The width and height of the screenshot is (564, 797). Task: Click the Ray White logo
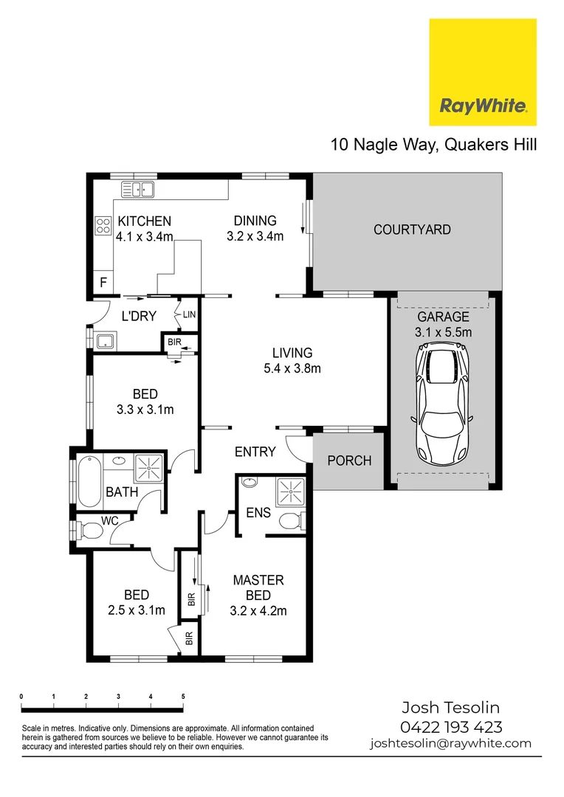[483, 72]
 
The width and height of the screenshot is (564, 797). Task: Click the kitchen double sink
[137, 189]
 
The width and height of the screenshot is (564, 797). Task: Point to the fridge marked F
[103, 282]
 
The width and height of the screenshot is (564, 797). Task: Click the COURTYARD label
[412, 230]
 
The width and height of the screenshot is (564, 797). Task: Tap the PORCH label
[349, 460]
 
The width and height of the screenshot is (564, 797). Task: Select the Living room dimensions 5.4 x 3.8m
[292, 368]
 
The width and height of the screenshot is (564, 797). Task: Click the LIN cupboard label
[190, 315]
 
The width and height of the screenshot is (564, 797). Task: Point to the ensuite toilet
[292, 521]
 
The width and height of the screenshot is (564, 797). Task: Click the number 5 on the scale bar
[183, 697]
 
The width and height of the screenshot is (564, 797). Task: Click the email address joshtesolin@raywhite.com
[450, 744]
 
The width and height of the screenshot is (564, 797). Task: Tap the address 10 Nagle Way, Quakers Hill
[433, 144]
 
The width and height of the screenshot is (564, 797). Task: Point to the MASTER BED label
[258, 587]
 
